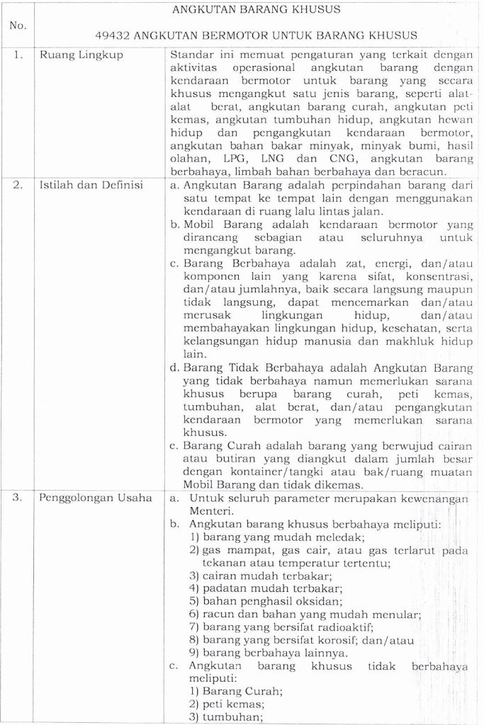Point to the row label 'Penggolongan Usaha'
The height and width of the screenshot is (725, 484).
coord(96,498)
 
